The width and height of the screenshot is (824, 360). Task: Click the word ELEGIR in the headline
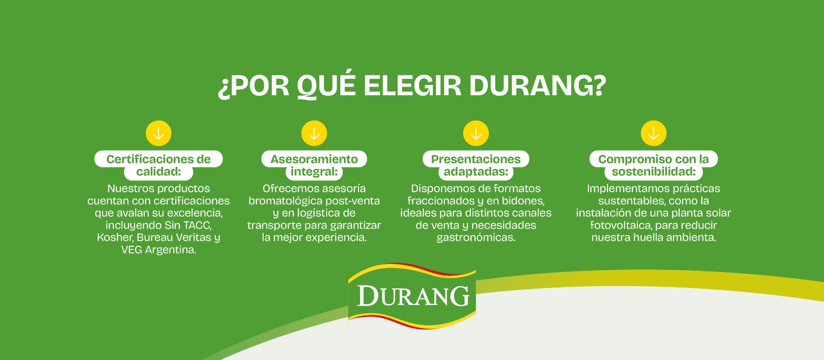(412, 85)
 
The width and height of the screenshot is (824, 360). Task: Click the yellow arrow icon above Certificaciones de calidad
(158, 133)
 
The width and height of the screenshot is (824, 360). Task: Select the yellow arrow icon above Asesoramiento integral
(314, 133)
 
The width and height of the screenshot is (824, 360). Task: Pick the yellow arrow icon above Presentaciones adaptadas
(476, 133)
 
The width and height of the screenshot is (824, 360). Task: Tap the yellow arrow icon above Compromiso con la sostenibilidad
(654, 133)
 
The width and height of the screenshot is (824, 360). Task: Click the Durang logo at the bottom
(412, 296)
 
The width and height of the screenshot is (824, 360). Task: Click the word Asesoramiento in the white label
(314, 159)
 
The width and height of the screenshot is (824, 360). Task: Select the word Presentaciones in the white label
(476, 159)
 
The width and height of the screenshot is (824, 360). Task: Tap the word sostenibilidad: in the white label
(654, 172)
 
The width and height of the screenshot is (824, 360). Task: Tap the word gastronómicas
(476, 238)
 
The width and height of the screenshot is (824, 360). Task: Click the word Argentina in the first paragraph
(171, 250)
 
